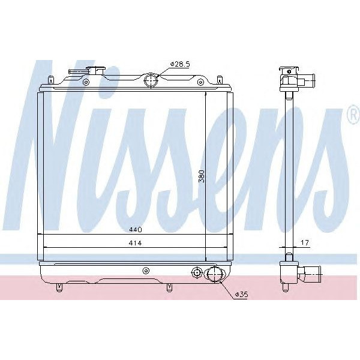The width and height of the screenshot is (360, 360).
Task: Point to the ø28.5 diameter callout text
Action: tap(180, 63)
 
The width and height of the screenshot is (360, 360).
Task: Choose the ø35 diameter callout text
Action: tap(241, 295)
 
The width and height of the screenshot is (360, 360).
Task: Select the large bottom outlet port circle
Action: tap(214, 275)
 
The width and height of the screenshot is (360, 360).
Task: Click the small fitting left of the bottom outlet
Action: tap(196, 274)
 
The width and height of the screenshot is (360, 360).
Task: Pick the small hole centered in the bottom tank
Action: tap(145, 271)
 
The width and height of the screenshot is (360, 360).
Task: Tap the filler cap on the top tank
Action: tap(87, 73)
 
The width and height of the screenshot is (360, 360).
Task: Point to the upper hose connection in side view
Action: tap(309, 79)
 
